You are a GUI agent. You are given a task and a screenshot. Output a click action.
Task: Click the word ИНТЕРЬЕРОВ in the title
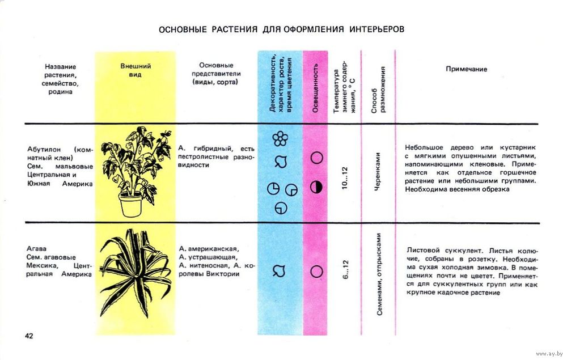[x=376, y=29]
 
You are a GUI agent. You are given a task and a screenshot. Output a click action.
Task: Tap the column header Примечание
[x=467, y=69]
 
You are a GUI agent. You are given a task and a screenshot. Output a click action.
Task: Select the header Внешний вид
[x=136, y=70]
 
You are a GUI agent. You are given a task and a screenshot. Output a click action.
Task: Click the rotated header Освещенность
[x=315, y=88]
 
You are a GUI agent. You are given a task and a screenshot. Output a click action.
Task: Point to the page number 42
[x=29, y=336]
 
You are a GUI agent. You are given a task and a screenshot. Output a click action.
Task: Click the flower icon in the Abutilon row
[x=280, y=138]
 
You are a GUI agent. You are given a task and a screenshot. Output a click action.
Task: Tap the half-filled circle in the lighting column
[x=316, y=187]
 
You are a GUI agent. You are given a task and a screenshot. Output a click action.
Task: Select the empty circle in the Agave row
[x=317, y=272]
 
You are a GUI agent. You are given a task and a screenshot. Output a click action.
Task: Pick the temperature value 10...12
[x=344, y=178]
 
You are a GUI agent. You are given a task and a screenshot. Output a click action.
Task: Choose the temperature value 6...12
[x=345, y=269]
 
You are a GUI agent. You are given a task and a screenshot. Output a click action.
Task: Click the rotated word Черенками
[x=378, y=171]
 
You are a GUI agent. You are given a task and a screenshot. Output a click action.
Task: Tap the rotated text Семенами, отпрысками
[x=379, y=274]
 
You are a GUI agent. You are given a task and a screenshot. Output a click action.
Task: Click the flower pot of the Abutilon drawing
[x=130, y=204]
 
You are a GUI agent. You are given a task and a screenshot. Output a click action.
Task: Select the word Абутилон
[x=44, y=149]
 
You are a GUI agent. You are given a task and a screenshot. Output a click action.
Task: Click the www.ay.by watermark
[x=549, y=354]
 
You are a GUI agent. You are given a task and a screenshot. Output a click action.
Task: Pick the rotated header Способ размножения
[x=378, y=89]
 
